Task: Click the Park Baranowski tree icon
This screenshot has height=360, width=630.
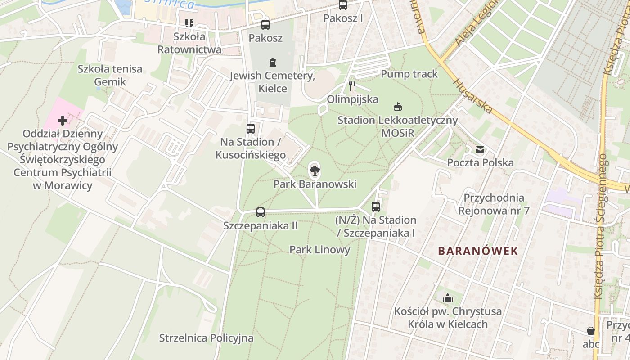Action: point(315,171)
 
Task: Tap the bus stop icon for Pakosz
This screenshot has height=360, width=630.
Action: point(265,25)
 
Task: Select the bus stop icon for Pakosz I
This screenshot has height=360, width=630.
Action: point(343,5)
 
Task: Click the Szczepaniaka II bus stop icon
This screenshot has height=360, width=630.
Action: point(261,212)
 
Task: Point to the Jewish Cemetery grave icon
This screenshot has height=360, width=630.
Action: point(272,62)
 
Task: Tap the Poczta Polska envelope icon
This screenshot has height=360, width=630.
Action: point(480,150)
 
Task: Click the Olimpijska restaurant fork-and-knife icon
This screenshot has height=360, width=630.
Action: point(352,86)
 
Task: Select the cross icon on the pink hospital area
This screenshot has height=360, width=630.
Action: point(63,121)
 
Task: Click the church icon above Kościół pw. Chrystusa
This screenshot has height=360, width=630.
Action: point(447,298)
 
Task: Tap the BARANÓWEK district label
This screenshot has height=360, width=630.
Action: point(478,251)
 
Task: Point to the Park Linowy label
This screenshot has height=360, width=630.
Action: point(319,250)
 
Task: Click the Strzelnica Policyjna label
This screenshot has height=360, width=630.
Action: point(206,338)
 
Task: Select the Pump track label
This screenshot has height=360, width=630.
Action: point(409,74)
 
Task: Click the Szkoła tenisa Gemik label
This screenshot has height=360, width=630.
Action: point(110,75)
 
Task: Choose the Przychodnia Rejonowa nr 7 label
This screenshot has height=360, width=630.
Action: point(494,204)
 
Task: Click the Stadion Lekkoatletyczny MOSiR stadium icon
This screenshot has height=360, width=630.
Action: point(397,107)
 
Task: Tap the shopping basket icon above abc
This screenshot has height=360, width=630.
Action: point(591,331)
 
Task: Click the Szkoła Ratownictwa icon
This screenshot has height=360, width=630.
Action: point(189,23)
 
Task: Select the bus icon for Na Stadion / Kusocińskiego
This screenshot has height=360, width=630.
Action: point(251,129)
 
